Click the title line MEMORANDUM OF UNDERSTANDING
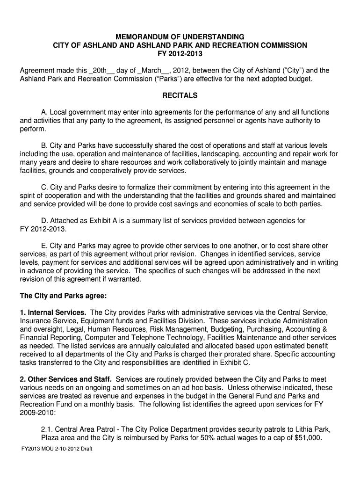(180, 36)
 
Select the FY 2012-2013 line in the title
(180, 53)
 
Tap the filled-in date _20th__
(101, 71)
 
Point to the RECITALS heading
(180, 95)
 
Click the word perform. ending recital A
(31, 129)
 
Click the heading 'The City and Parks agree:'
(63, 296)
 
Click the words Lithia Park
(312, 429)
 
